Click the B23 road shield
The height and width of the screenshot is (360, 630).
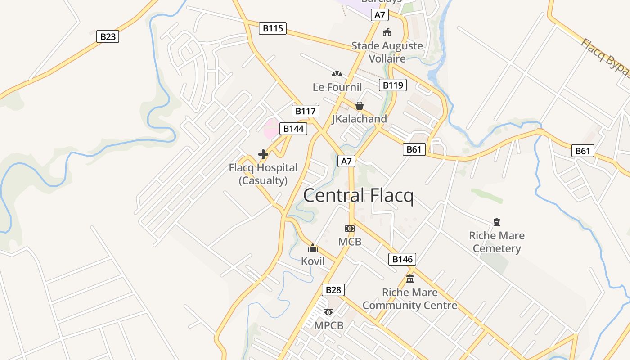(x=108, y=36)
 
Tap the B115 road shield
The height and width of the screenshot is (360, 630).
(x=273, y=28)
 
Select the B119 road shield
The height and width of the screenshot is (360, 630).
(x=392, y=85)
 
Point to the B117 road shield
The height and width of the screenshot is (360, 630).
(x=306, y=111)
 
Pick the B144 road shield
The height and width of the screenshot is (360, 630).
(x=293, y=129)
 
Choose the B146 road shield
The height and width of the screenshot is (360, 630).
(x=402, y=259)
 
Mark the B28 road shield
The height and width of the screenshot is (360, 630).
(x=333, y=290)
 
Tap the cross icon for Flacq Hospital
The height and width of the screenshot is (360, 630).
(x=263, y=155)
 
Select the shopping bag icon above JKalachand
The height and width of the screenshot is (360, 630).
(x=360, y=106)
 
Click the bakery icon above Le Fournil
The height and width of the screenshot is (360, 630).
(x=337, y=73)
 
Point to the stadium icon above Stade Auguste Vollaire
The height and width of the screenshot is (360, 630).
(x=387, y=32)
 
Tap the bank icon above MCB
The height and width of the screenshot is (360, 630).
(x=350, y=229)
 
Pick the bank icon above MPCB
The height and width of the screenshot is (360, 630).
(x=328, y=312)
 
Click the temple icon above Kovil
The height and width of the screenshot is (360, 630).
(x=313, y=248)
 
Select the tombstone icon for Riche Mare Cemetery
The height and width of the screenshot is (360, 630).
(x=497, y=222)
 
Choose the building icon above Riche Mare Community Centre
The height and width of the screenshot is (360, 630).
(x=410, y=279)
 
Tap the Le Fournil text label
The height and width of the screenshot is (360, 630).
(x=337, y=87)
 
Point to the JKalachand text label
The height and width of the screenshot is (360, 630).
(x=359, y=119)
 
